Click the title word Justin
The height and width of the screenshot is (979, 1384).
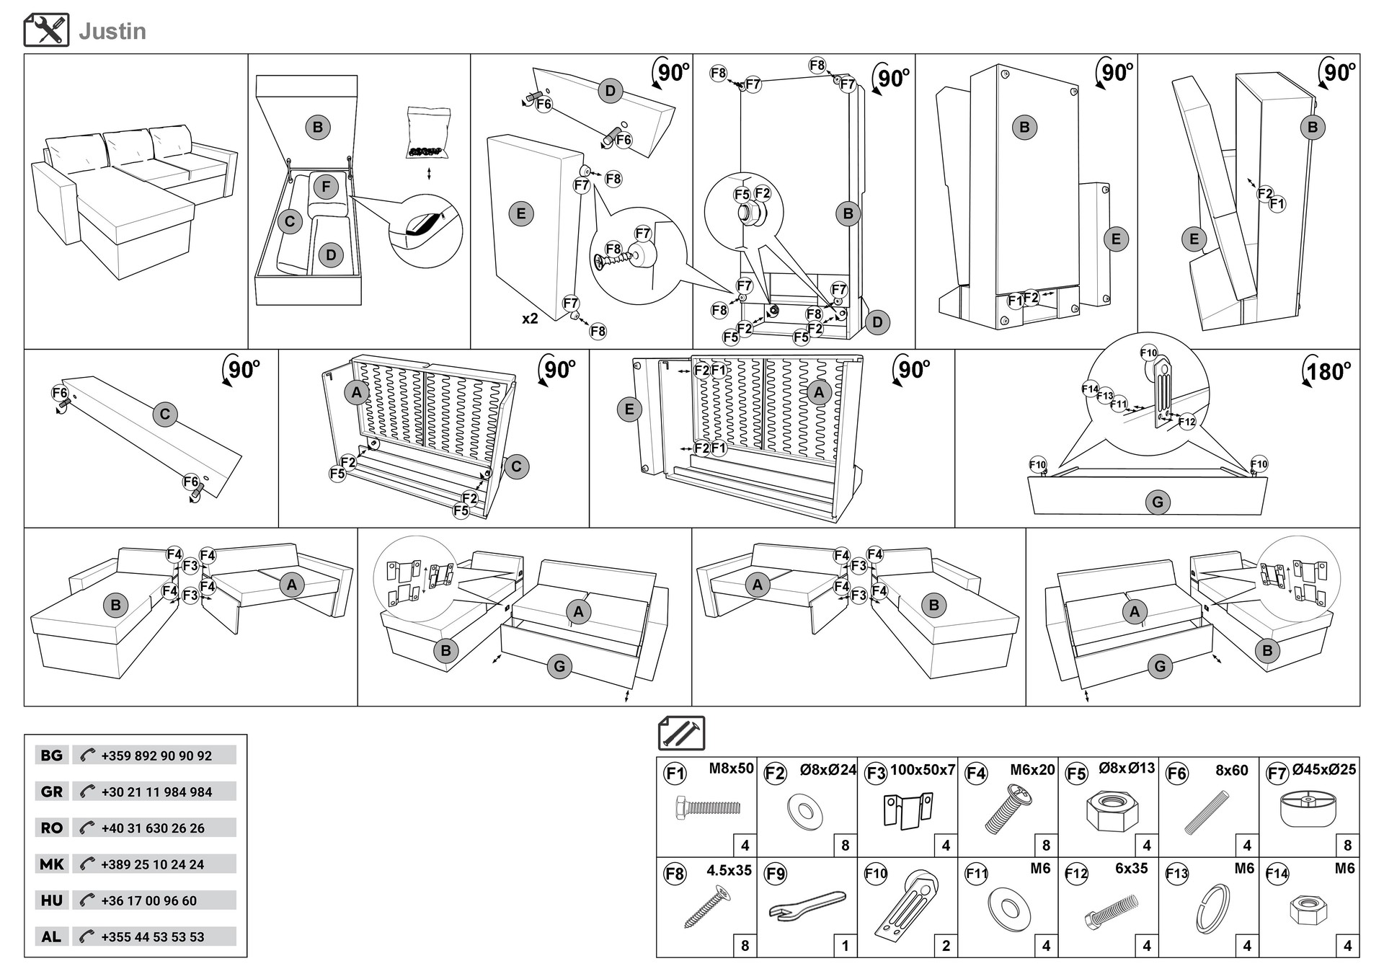[x=112, y=31]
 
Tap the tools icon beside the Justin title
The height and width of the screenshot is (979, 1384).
[x=46, y=30]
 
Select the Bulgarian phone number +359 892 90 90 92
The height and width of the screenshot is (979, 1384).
[x=156, y=756]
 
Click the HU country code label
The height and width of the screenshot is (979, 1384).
[x=52, y=900]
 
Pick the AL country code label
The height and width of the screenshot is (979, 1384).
[x=51, y=936]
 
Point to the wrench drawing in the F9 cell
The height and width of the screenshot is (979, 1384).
[x=806, y=906]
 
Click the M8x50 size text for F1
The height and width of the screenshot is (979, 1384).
[x=731, y=768]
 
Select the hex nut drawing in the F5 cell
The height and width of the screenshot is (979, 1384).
[x=1107, y=811]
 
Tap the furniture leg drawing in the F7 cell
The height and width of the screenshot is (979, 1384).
[x=1308, y=810]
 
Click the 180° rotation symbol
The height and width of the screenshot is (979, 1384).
[x=1326, y=371]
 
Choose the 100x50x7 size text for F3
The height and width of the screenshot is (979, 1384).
[x=922, y=770]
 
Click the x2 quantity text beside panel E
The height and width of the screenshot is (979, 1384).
[x=530, y=319]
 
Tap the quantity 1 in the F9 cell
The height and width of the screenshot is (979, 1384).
[x=845, y=945]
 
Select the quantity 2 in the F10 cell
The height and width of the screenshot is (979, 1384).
[x=946, y=945]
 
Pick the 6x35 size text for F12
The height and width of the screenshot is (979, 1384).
[x=1131, y=869]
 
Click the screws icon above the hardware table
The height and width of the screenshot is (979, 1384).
[x=681, y=733]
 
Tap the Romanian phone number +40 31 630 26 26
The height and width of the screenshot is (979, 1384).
[x=153, y=828]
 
